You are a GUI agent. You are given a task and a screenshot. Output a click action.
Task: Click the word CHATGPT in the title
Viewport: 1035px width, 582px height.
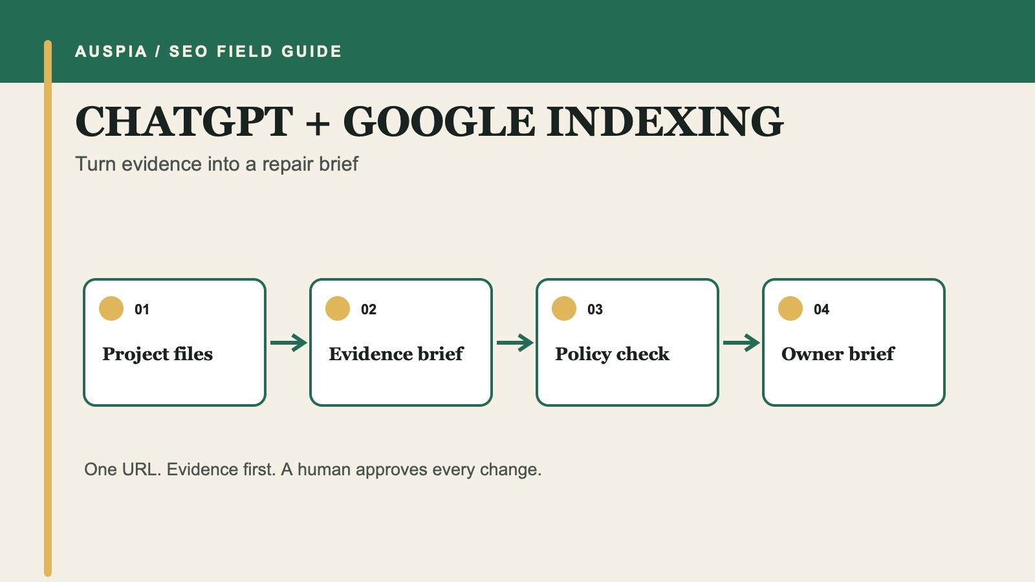[x=184, y=122]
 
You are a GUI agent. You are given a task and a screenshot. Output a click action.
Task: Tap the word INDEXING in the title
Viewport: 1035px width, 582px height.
[x=665, y=122]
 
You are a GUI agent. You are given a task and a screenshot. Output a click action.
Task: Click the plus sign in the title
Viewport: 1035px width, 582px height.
[x=318, y=123]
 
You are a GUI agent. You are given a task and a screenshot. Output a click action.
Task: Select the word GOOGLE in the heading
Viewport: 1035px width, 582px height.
[x=439, y=122]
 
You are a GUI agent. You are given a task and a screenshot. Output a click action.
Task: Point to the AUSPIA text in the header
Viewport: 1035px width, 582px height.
[x=111, y=51]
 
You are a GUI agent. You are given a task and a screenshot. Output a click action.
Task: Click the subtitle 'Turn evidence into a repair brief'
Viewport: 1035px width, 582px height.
[x=217, y=164]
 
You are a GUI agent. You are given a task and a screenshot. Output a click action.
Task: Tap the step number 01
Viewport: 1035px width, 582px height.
[x=142, y=310]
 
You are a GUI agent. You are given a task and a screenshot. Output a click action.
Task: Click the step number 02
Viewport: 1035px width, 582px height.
[x=369, y=310]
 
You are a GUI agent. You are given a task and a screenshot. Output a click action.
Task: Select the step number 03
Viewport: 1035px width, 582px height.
[x=595, y=310]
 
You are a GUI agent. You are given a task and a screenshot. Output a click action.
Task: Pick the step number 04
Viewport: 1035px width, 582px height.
[x=822, y=310]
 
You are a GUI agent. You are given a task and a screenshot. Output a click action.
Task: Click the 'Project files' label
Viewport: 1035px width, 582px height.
[x=158, y=354]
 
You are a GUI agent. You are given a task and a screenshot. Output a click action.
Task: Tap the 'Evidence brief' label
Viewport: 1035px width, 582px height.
[x=396, y=354]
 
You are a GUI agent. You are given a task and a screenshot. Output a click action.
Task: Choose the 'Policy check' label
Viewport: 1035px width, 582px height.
[x=612, y=354]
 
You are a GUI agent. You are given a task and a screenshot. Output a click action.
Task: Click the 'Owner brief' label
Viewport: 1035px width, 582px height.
[x=838, y=354]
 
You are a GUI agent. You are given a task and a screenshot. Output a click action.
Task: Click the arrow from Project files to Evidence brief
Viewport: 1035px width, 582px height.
[x=289, y=343]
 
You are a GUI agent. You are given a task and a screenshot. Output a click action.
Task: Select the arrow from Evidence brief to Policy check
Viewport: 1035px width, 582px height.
[x=515, y=343]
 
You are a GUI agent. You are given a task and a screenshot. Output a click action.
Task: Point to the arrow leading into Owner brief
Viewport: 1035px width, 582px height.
[x=741, y=343]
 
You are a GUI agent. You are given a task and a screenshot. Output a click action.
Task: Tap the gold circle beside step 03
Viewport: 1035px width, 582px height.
[x=564, y=308]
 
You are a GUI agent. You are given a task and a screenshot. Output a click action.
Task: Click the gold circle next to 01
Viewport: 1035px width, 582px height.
[x=111, y=308]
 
